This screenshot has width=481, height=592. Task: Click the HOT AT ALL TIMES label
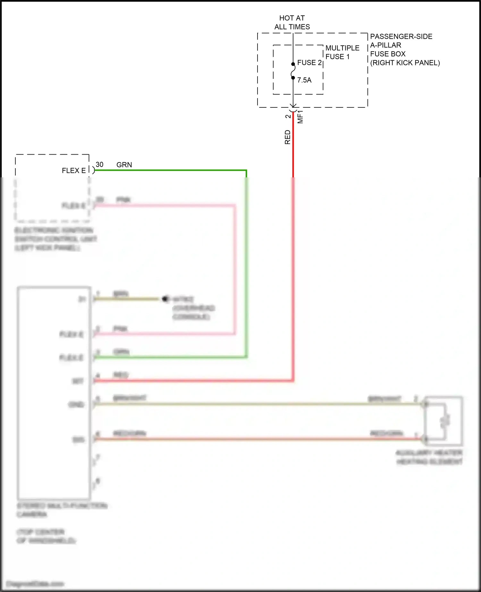point(292,22)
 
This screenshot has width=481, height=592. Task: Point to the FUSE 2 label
point(309,63)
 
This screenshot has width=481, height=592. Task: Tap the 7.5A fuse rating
point(304,80)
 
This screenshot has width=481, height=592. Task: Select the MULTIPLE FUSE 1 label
point(342,52)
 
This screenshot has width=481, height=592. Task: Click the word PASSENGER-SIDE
point(401,37)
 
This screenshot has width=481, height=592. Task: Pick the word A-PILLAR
point(385,45)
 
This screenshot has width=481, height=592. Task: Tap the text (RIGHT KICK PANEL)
point(405,63)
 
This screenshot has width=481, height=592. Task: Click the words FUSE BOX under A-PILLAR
point(388,54)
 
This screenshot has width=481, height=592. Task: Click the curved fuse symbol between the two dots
point(293,71)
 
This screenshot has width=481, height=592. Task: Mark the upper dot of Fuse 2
point(293,64)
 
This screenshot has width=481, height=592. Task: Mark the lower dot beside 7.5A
point(293,78)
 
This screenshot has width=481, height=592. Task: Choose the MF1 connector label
point(300,117)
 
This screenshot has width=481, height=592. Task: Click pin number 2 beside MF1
point(288,116)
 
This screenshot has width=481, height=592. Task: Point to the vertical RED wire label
point(288,137)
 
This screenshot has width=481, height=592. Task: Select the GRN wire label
point(124,165)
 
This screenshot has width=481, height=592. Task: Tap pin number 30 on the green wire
point(99,165)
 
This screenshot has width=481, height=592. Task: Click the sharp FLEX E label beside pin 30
point(74,171)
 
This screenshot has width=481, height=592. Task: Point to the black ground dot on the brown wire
point(165,299)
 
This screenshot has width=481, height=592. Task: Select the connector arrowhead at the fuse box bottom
point(293,106)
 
